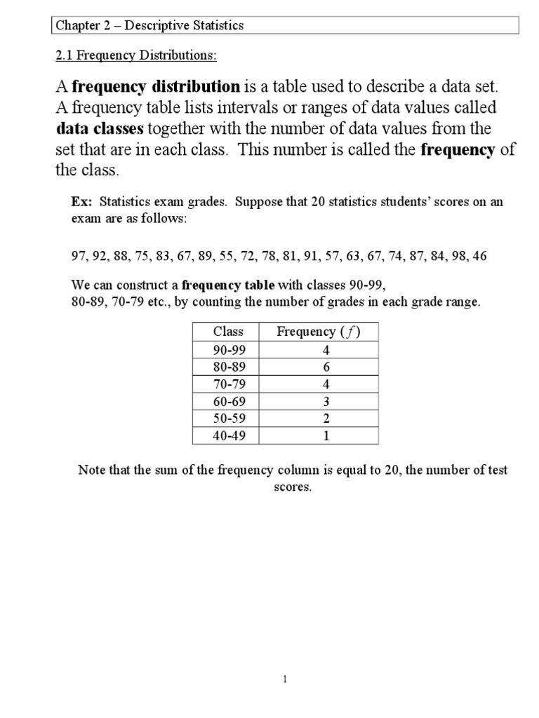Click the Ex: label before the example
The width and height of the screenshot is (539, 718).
[x=82, y=202]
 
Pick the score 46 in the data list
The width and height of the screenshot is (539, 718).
[x=479, y=256]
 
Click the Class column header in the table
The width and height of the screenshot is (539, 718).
[x=228, y=332]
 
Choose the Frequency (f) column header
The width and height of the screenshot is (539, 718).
[x=318, y=332]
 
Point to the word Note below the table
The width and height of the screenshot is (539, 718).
[x=90, y=470]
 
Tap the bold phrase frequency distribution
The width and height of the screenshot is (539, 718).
[x=156, y=87]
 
